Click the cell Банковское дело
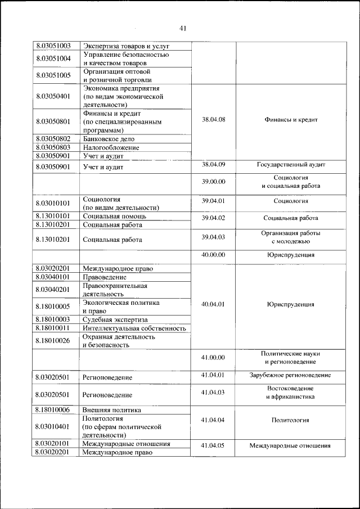pos(109,138)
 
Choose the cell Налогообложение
pos(111,147)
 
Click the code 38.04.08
pos(213,120)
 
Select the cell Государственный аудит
pos(291,165)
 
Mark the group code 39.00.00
pos(213,182)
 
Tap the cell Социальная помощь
pos(115,216)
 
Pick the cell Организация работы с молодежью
pos(291,237)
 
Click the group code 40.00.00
pos(213,255)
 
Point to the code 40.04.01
pos(213,304)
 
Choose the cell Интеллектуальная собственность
pos(134,328)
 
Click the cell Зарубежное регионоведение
pos(291,375)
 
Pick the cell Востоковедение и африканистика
pos(291,393)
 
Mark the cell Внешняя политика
pos(111,410)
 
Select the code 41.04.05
pos(213,445)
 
